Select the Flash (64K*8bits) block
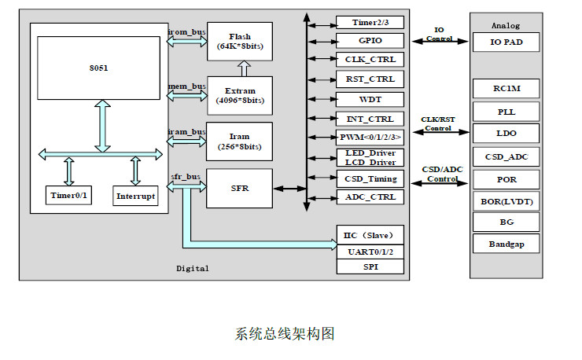240,42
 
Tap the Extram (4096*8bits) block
240,96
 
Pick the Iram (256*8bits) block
240,141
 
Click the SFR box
240,188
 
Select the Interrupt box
135,196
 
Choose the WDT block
370,99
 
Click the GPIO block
370,39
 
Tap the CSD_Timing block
370,178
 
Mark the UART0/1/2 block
370,251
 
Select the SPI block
370,266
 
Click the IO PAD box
506,42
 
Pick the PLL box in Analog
506,111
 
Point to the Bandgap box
506,244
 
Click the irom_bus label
187,32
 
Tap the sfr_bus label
186,177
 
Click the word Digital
193,269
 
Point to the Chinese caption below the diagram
285,334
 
